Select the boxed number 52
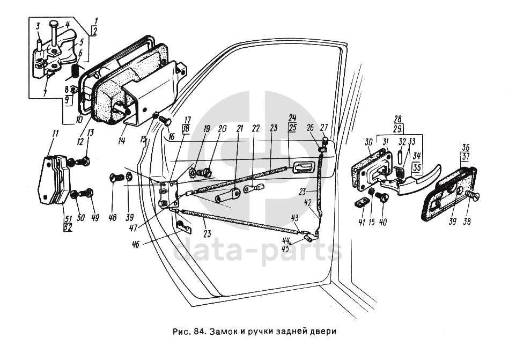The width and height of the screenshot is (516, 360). click(x=68, y=227)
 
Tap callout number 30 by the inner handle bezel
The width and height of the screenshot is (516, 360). click(x=368, y=142)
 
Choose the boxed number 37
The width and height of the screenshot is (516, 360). click(x=465, y=157)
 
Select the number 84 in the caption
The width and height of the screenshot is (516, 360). click(x=198, y=331)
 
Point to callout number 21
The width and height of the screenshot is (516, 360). click(x=239, y=129)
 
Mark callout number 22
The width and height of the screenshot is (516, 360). click(x=256, y=129)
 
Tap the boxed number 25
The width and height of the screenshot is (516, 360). click(x=292, y=127)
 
